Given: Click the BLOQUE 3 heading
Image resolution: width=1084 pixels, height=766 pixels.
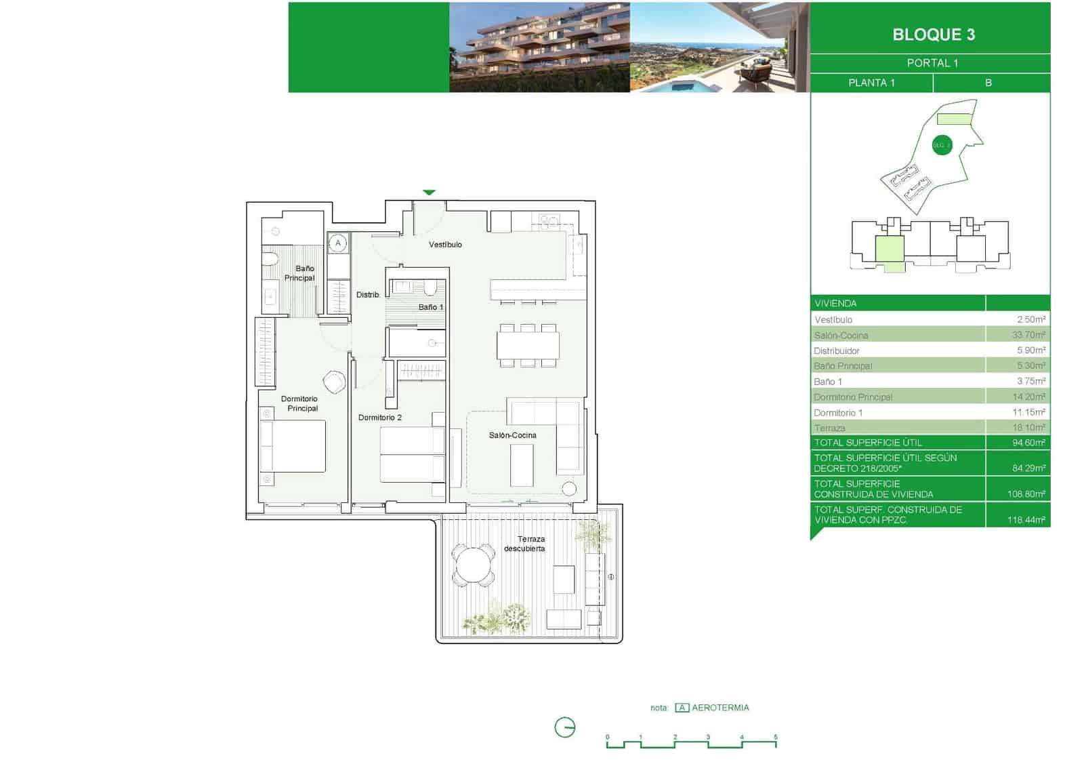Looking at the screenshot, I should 933,35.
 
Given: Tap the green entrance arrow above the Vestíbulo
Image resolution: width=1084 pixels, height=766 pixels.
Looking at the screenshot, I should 429,193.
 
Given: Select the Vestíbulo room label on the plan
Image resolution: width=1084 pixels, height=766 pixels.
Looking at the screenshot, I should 445,245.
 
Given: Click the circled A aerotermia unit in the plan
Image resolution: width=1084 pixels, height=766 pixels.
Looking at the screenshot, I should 338,243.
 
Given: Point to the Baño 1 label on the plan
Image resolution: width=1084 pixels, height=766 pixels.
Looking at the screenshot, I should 430,307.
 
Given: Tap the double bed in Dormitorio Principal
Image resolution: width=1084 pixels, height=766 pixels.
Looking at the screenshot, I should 293,446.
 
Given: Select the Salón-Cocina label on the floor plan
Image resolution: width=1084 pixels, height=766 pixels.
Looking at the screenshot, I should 512,435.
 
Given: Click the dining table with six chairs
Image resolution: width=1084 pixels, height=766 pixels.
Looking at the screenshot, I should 528,346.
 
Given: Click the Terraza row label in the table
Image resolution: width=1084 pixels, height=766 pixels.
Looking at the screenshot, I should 830,428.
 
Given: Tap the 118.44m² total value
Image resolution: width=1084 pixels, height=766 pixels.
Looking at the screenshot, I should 1026,520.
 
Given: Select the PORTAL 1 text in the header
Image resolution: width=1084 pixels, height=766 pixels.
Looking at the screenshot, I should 932,63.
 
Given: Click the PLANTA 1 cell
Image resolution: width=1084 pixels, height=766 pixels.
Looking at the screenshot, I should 871,83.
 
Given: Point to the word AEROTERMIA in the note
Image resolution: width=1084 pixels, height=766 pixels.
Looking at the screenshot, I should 720,708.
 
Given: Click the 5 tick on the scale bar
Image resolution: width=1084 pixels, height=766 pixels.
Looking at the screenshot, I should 776,738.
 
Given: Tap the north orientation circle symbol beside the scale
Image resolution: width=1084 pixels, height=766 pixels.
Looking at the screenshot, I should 564,728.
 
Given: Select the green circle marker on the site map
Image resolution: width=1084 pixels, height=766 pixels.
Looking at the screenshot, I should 942,145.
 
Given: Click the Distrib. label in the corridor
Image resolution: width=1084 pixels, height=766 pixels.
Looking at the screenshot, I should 368,295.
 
